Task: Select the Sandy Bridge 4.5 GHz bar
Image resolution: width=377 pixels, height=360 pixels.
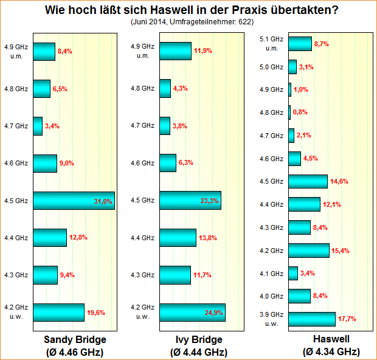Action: (x=74, y=201)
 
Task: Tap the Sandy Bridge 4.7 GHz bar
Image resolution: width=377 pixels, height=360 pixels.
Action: (x=38, y=126)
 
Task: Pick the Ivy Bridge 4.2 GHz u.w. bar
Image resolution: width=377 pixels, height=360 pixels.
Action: (x=192, y=312)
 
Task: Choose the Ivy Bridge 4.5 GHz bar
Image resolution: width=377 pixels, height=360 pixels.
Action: (x=190, y=201)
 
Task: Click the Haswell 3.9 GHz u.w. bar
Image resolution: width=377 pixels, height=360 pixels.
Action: (x=312, y=319)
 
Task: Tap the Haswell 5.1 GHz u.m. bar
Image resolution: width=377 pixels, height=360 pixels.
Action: (x=300, y=44)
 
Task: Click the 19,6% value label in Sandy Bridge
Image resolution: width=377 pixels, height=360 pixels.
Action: (x=96, y=313)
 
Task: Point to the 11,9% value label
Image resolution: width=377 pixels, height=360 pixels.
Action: (x=202, y=51)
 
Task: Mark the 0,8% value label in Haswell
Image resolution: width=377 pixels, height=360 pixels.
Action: (x=300, y=112)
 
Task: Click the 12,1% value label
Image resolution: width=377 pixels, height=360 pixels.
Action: (x=331, y=204)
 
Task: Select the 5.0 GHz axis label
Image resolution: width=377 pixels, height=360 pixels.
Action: (x=271, y=67)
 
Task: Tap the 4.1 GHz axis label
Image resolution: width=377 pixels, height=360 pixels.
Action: (x=271, y=273)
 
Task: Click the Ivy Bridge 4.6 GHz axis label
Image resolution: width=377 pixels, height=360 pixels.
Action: (x=143, y=163)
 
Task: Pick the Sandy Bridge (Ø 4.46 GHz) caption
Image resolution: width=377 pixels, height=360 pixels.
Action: (x=75, y=345)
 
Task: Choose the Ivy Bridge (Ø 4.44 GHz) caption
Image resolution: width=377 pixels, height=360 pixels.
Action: (x=198, y=345)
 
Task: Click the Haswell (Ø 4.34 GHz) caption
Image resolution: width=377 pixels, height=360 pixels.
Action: (x=331, y=345)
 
